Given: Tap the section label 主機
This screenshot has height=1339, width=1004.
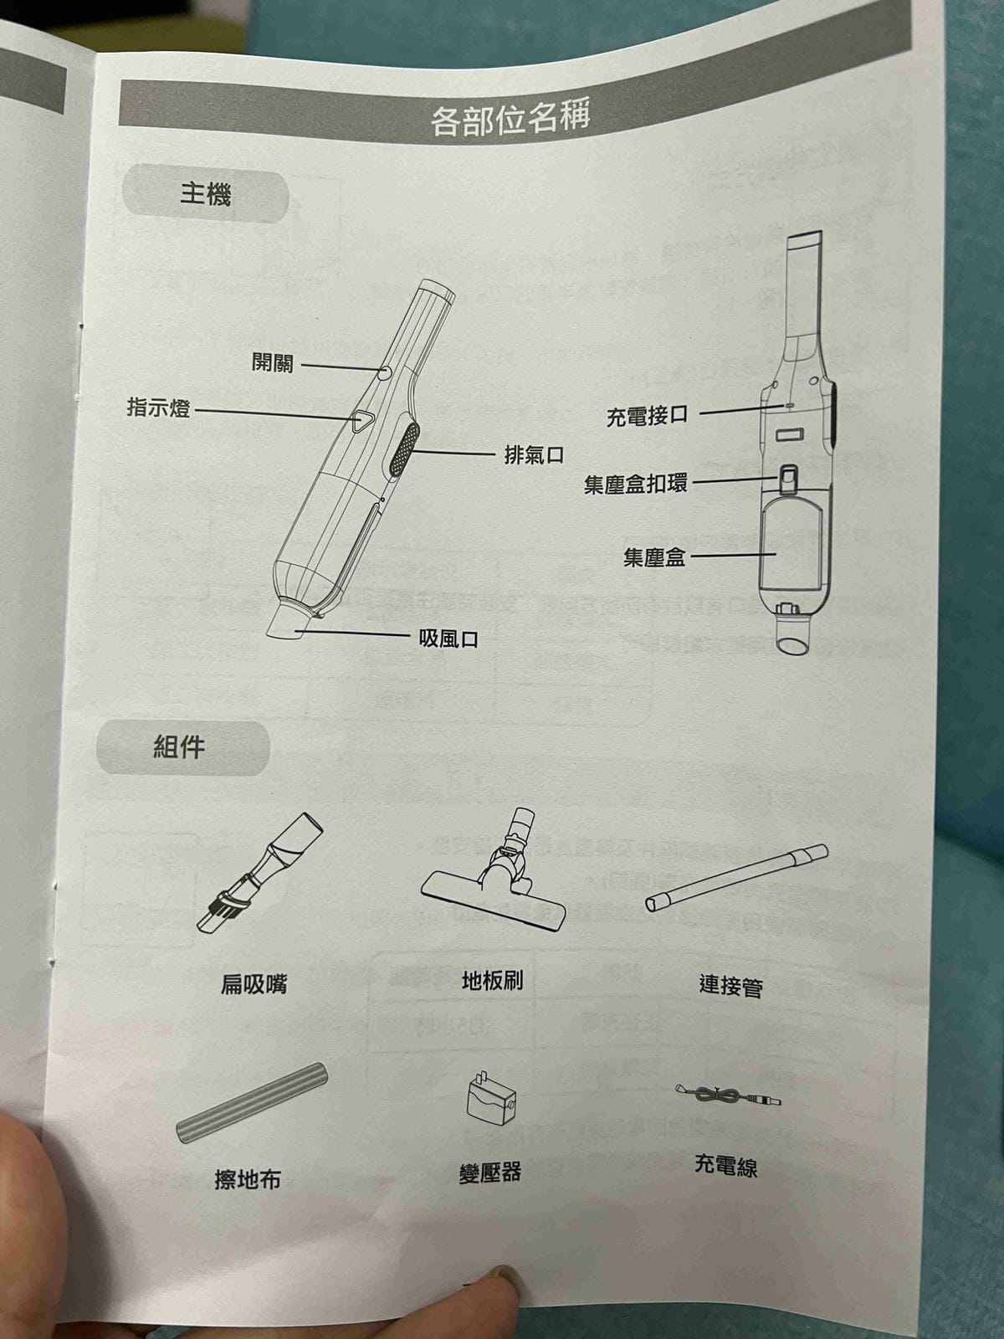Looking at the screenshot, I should [205, 195].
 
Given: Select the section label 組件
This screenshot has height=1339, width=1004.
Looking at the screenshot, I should [179, 746].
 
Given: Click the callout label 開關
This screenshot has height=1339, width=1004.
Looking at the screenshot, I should [273, 362].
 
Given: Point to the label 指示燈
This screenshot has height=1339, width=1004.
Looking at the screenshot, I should [158, 408].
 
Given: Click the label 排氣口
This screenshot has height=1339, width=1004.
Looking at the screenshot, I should [534, 455].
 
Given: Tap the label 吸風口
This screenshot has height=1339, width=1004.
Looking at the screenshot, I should [448, 640].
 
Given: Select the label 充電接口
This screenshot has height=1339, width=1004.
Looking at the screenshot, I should [647, 415].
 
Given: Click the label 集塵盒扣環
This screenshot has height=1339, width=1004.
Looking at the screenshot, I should [636, 485].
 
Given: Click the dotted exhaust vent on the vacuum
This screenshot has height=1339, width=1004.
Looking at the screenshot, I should [403, 449].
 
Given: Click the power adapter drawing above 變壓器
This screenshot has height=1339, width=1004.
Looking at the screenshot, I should [490, 1098].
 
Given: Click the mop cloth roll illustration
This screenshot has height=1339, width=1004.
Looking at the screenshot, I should [253, 1103].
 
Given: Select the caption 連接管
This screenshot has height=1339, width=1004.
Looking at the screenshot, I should [730, 986].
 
